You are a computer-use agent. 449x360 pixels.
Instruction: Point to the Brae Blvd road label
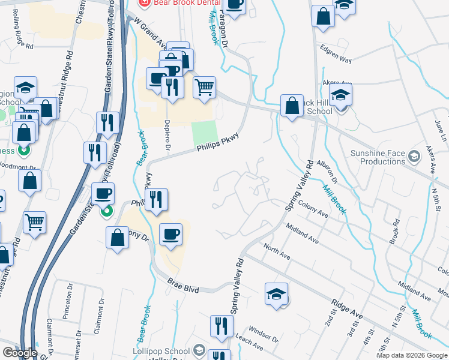coord(183,286)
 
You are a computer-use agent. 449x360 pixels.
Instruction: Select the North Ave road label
coord(277,251)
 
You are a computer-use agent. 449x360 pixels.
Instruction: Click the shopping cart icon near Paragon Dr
coord(204,87)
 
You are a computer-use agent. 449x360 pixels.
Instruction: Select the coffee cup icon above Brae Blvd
coord(171,233)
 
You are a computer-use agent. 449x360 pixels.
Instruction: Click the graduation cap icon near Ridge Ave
coord(276,295)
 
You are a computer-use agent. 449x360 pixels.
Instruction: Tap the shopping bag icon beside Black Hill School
coord(292,106)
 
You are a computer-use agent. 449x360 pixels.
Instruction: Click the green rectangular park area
coord(203,133)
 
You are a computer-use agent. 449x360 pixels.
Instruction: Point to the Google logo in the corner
coord(19,352)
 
